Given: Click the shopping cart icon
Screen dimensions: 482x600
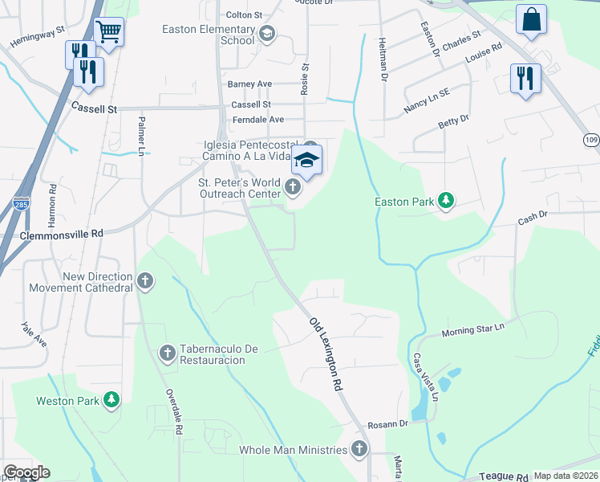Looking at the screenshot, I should [108, 32].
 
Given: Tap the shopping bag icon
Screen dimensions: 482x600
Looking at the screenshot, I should [531, 20].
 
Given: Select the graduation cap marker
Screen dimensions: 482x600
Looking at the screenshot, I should [306, 160].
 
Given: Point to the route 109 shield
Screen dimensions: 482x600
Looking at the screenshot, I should [590, 140].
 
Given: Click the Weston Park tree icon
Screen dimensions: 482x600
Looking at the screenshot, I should [112, 399].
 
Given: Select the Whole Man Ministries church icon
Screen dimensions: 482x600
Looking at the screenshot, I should [361, 450].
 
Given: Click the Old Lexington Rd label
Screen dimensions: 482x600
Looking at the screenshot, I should [326, 354].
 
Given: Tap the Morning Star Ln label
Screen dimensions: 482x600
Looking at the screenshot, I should [474, 329].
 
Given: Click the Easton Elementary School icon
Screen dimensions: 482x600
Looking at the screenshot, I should [267, 34].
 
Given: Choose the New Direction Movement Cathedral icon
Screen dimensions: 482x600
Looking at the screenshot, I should [144, 281].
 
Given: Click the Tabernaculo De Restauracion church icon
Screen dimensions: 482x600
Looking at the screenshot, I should [168, 352].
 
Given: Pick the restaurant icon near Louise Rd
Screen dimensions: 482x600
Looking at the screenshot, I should [525, 79].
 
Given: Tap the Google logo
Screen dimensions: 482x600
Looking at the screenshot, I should [26, 472].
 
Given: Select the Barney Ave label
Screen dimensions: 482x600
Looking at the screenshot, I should [249, 84].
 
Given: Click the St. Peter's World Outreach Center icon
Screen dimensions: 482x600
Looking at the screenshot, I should [293, 188].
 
